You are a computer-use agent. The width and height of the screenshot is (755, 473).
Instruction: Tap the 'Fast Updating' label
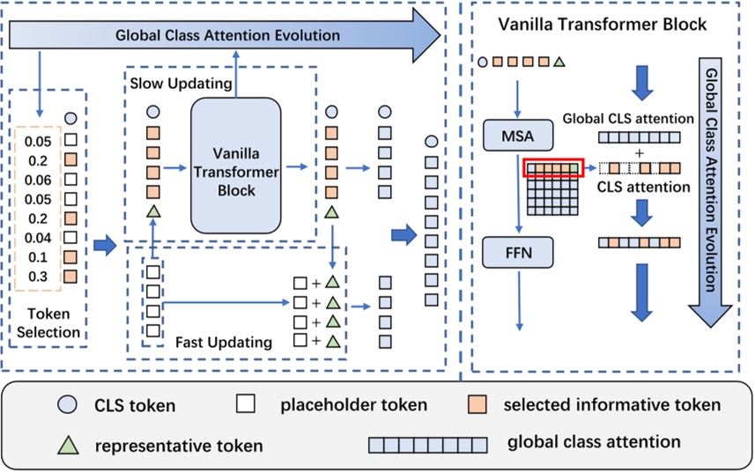pyautogui.click(x=224, y=341)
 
